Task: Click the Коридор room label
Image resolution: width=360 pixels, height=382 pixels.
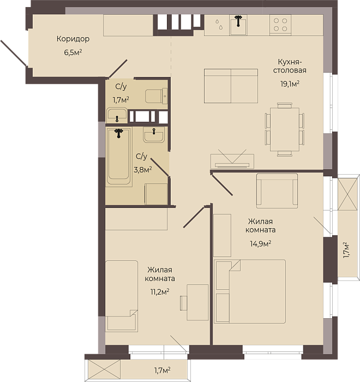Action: coord(73,39)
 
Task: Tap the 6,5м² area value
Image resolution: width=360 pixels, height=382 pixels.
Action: coord(73,52)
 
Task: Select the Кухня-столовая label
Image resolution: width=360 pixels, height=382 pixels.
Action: coord(290,66)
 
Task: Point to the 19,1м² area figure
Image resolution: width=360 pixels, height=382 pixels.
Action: coord(290,84)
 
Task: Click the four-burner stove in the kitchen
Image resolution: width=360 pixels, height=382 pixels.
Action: coord(280,25)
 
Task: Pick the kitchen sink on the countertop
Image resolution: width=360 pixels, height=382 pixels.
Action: coord(238,25)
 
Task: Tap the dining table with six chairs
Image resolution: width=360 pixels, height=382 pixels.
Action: coord(285,129)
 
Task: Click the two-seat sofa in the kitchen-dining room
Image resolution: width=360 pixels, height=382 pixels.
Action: coord(231,86)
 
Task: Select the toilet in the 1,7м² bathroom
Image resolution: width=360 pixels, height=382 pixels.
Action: coord(157,96)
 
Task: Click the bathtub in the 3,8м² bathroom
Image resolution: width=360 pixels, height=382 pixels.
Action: coord(118,157)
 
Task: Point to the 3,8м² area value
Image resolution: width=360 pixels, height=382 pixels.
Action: coord(143,169)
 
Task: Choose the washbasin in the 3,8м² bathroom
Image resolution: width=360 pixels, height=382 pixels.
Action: coord(154,134)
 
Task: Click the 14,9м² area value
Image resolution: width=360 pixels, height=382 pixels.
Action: coord(261,243)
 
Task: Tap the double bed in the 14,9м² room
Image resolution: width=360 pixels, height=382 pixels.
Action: coord(250,291)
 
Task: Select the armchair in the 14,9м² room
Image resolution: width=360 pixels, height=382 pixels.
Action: coord(277,191)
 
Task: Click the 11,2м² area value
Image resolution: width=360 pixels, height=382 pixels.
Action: coord(160,291)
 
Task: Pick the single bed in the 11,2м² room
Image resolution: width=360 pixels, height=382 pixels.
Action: coord(122,296)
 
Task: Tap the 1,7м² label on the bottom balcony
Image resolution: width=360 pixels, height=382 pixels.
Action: coord(162,371)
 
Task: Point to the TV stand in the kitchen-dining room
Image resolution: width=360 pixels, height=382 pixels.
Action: coord(232,161)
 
